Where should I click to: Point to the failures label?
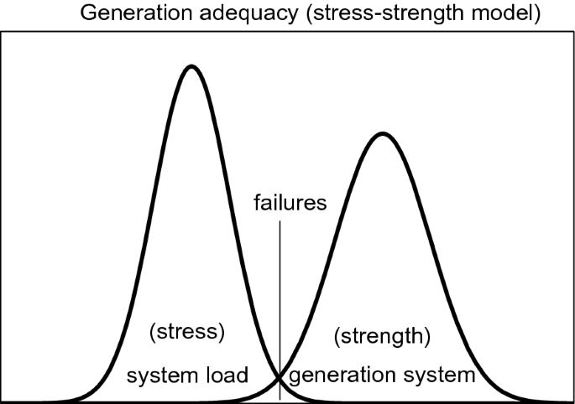pos(290,202)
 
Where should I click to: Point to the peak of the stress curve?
pos(191,65)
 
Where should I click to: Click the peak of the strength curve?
pos(382,133)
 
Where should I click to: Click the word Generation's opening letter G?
pos(87,15)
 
